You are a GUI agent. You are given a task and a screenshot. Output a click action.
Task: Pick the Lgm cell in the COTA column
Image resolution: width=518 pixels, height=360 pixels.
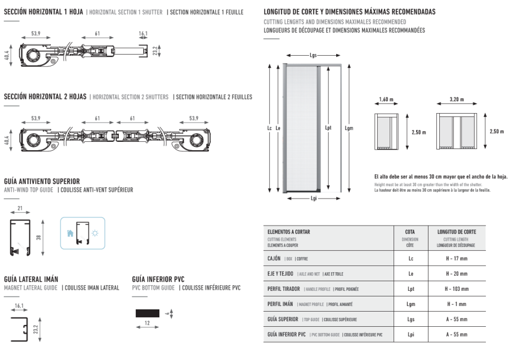pyautogui.click(x=410, y=304)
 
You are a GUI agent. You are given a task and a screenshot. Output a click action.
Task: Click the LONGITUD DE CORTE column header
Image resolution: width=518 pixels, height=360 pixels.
pyautogui.click(x=457, y=231)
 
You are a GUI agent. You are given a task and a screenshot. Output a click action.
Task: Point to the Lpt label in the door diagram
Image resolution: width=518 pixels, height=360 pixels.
pyautogui.click(x=329, y=128)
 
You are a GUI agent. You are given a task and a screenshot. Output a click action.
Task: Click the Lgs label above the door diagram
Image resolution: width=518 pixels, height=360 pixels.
pyautogui.click(x=313, y=56)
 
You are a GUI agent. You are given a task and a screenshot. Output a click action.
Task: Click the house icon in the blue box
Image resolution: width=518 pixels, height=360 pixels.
pyautogui.click(x=70, y=232)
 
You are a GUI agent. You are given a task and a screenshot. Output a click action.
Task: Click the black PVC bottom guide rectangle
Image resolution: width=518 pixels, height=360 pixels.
pyautogui.click(x=148, y=313)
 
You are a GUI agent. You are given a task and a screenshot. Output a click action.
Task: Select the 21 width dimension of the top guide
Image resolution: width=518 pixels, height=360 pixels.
pyautogui.click(x=20, y=209)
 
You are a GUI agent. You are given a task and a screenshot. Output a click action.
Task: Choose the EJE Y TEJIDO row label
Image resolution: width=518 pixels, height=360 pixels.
pyautogui.click(x=280, y=273)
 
